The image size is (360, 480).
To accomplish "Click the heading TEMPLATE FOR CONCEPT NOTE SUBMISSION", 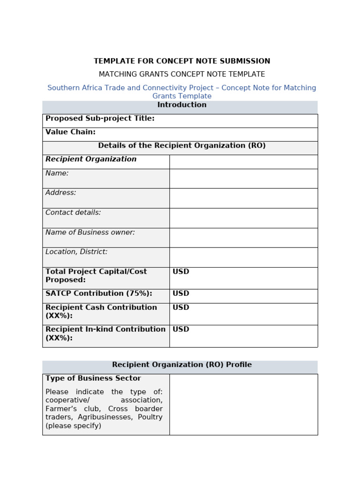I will click(x=182, y=61).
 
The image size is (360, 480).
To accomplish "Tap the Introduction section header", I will click(x=182, y=105).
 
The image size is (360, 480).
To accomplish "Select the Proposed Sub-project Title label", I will click(x=100, y=119).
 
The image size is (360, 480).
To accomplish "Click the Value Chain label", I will click(x=70, y=132).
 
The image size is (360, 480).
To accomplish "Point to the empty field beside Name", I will click(x=243, y=179).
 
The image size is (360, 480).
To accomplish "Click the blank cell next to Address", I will click(x=243, y=198).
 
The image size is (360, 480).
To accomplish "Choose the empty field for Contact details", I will click(x=243, y=218).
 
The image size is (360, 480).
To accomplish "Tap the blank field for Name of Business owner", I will click(x=243, y=238).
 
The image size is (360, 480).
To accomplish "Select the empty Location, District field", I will click(x=243, y=257).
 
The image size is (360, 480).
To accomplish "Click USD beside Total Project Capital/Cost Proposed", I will click(x=181, y=272).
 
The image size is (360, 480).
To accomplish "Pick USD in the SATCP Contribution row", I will click(x=181, y=294).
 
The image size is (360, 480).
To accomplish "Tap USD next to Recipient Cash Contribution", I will click(x=181, y=307).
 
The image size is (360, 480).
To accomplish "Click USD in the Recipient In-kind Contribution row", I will click(x=181, y=330).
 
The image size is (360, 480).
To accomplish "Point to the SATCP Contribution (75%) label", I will click(x=99, y=294).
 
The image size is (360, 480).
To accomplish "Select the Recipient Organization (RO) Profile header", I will click(x=182, y=365).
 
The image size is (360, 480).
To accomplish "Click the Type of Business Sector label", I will click(x=93, y=378).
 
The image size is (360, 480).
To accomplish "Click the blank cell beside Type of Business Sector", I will click(x=243, y=404).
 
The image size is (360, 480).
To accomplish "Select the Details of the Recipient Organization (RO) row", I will click(x=182, y=146).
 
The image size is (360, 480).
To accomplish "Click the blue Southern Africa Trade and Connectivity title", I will click(x=182, y=88).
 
